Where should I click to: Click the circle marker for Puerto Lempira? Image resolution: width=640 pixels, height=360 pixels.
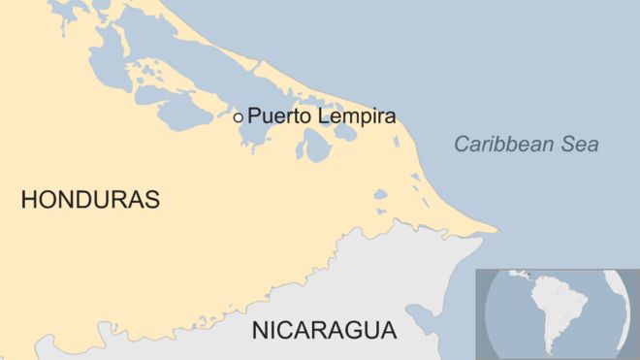pos(238,116)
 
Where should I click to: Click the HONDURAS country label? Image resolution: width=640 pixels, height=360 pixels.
pos(90,201)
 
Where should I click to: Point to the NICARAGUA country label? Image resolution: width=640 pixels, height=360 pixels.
pos(324,330)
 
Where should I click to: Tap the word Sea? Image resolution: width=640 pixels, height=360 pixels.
pos(580,145)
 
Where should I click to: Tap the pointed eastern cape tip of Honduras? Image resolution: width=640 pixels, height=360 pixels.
pos(497,231)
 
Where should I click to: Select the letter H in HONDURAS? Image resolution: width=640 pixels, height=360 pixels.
pos(29,201)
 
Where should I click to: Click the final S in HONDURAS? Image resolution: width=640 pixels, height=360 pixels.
pos(151,201)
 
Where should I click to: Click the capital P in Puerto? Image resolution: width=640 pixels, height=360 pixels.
pos(254,116)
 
